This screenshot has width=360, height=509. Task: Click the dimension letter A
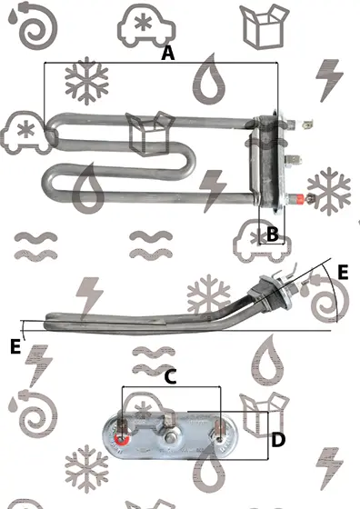coord(168,54)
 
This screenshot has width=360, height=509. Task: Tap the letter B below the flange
coord(273,234)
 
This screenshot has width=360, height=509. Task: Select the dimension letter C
coord(170,377)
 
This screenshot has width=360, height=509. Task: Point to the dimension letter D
coord(278,440)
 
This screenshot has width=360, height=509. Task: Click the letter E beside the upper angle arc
coord(343,272)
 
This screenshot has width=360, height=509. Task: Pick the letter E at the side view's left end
coord(15,346)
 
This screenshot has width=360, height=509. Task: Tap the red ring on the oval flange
coord(122,440)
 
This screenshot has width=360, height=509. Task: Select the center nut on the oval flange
coord(171,438)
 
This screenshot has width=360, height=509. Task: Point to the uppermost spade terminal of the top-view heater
coord(305,124)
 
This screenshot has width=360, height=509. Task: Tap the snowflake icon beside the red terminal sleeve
coord(329,191)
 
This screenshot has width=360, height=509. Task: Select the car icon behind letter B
coord(262,241)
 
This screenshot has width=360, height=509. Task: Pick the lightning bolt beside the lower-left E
coord(38,365)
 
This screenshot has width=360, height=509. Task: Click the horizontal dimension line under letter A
coord(161,63)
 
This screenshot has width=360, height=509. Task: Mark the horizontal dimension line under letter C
coord(171,386)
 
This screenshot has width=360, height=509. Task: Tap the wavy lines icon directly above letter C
coord(154,360)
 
